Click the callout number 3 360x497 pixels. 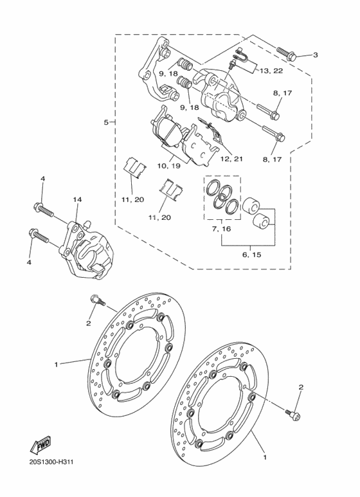coord(316,55)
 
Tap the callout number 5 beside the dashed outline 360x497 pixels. coord(106,122)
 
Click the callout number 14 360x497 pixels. coord(77,201)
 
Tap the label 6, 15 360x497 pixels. coord(251,255)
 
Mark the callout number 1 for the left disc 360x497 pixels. coord(57,365)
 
